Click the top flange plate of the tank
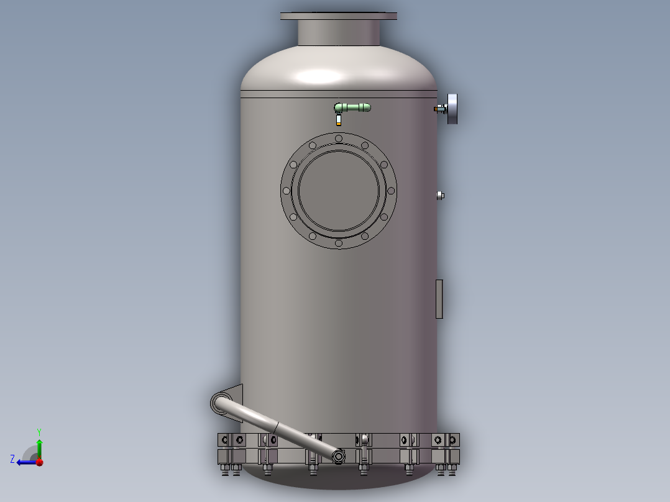[339, 16]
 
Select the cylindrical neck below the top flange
[339, 32]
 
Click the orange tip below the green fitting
[338, 123]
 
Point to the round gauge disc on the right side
[452, 109]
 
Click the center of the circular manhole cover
[339, 190]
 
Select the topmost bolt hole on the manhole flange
[339, 139]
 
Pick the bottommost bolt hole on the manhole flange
[339, 242]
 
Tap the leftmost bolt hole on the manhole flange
[286, 190]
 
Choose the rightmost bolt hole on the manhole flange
[391, 190]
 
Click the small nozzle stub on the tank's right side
[441, 195]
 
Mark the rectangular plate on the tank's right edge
[439, 299]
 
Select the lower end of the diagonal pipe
[339, 457]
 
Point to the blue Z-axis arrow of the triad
[23, 462]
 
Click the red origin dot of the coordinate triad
[39, 462]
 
